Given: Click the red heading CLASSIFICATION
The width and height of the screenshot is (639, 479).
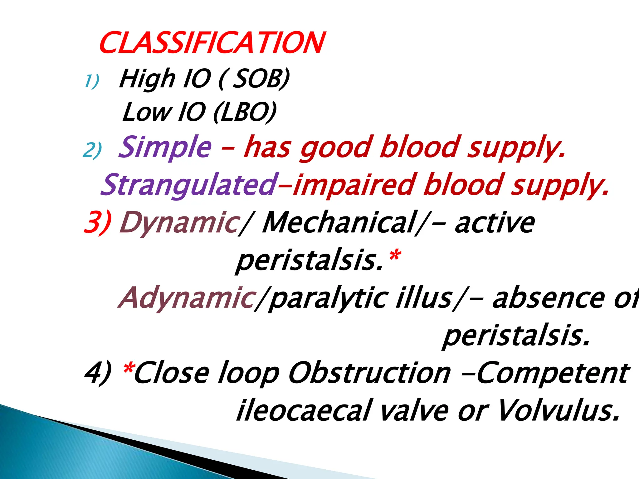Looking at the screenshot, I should (212, 43).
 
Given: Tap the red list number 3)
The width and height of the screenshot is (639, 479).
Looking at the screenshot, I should (97, 222).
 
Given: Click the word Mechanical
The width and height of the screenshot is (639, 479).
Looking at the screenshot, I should (340, 222).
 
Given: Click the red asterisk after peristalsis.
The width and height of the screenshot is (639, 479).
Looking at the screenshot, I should (394, 256).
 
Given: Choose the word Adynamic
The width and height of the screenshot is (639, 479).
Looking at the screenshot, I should (187, 298).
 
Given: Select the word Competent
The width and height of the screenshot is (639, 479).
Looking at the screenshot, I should (552, 373).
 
